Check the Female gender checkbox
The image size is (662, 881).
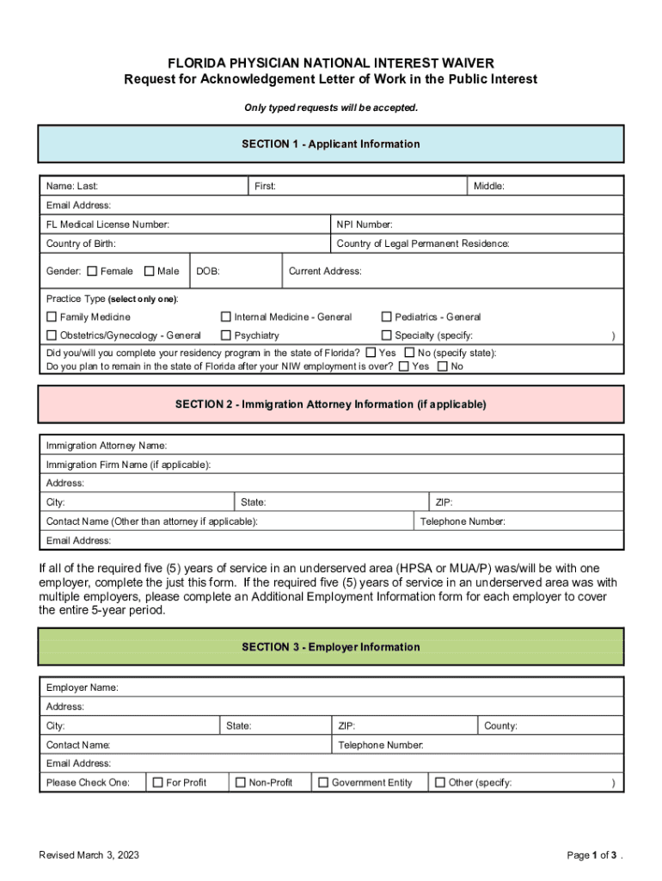(x=92, y=271)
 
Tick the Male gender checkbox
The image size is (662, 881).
(x=150, y=271)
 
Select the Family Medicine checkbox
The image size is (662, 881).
(x=52, y=317)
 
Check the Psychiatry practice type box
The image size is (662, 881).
(x=226, y=336)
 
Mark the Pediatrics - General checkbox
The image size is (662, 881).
(x=387, y=317)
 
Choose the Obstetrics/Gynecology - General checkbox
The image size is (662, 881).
(x=52, y=336)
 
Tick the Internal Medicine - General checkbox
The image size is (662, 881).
(x=226, y=317)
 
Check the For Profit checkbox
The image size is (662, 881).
(x=157, y=782)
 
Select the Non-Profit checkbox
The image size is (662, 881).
(x=241, y=782)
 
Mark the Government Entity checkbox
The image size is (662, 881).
(x=323, y=782)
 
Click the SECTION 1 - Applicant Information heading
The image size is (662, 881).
(x=331, y=144)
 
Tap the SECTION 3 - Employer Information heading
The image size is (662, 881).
(x=331, y=647)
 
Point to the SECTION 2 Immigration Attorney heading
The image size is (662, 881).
(x=331, y=404)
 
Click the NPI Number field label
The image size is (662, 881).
(x=365, y=225)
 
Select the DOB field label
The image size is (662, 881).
(x=208, y=271)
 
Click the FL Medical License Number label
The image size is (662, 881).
(x=107, y=225)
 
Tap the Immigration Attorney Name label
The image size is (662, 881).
(x=107, y=446)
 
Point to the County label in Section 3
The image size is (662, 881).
(x=500, y=726)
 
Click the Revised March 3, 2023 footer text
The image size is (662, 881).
(x=89, y=855)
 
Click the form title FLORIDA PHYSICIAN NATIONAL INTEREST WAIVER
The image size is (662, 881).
(x=331, y=64)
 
